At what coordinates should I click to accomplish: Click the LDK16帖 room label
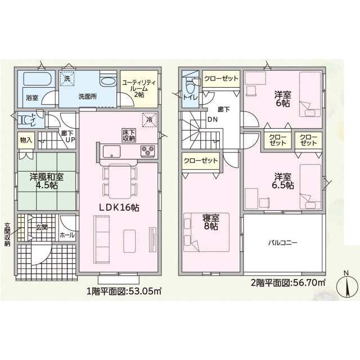[119, 208]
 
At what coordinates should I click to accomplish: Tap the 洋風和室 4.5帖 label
[47, 181]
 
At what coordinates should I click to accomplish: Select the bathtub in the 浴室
[37, 79]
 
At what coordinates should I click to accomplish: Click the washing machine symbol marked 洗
[67, 79]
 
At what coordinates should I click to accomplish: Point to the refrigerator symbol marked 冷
[150, 120]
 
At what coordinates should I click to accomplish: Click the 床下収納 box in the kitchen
[129, 135]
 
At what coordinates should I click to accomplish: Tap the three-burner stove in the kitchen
[148, 151]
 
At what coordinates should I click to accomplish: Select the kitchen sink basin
[111, 151]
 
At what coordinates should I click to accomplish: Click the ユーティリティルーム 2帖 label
[139, 88]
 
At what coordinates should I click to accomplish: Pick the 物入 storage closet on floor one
[26, 140]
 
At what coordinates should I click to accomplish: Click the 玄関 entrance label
[42, 227]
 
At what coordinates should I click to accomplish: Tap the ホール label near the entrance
[67, 235]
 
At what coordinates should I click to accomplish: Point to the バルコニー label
[283, 242]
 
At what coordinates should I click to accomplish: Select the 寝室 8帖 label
[211, 222]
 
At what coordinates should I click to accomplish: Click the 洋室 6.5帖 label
[283, 181]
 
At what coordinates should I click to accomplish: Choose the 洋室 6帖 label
[283, 99]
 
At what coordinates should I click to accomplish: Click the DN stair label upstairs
[213, 119]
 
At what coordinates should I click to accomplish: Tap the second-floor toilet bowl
[190, 87]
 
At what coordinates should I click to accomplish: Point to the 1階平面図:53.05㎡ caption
[124, 291]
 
